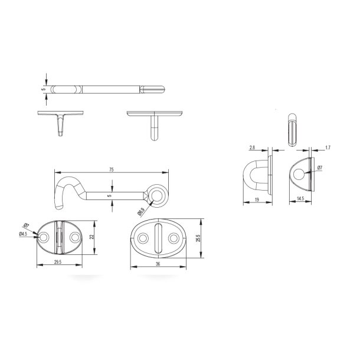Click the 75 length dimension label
pyautogui.click(x=112, y=169)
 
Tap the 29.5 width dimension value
pyautogui.click(x=58, y=262)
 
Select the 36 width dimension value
pyautogui.click(x=158, y=264)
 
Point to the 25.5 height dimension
pyautogui.click(x=199, y=238)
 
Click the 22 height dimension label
pyautogui.click(x=92, y=237)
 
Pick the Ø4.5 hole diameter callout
pyautogui.click(x=23, y=234)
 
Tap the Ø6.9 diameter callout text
pyautogui.click(x=140, y=212)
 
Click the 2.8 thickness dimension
pyautogui.click(x=252, y=148)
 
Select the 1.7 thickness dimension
pyautogui.click(x=328, y=148)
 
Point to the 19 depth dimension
pyautogui.click(x=257, y=199)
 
